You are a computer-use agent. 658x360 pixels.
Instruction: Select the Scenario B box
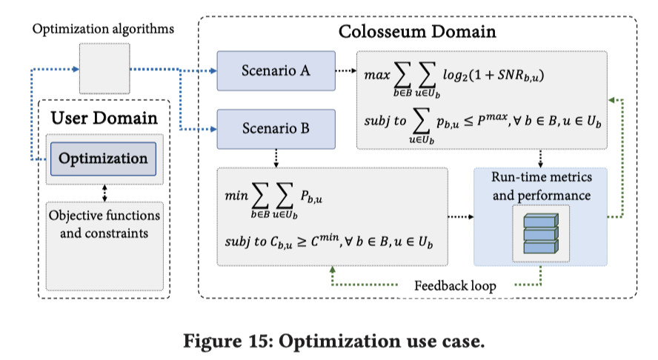click(x=276, y=127)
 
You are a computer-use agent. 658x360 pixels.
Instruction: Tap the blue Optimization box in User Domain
click(x=104, y=159)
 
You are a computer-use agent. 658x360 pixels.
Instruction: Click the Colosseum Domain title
click(x=417, y=32)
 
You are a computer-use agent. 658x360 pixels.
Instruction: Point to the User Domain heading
click(x=104, y=117)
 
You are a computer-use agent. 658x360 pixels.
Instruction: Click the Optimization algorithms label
click(x=104, y=30)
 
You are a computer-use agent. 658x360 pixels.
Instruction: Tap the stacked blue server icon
click(x=539, y=231)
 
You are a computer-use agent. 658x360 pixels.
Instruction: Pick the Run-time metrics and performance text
click(x=540, y=187)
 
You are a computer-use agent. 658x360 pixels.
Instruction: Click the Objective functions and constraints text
click(x=104, y=224)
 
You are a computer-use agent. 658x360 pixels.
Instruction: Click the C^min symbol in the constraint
click(x=322, y=242)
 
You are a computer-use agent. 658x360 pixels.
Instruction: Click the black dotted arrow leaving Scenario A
click(x=345, y=71)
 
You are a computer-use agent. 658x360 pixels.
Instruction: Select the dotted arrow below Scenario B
click(x=276, y=157)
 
